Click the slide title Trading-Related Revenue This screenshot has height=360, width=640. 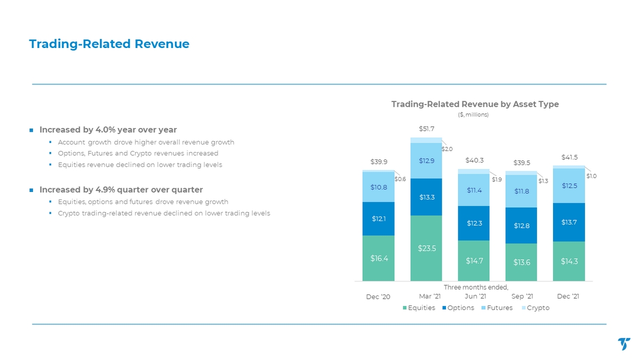(x=109, y=44)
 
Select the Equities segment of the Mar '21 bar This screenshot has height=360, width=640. (x=426, y=248)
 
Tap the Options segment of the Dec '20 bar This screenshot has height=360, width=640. (x=378, y=219)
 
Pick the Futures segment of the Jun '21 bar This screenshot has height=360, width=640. (x=474, y=190)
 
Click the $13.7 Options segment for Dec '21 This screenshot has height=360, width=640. (x=569, y=222)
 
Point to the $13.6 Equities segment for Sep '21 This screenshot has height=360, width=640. (x=521, y=262)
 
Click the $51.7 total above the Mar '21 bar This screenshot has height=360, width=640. (x=426, y=129)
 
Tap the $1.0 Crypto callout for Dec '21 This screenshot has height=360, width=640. (x=591, y=176)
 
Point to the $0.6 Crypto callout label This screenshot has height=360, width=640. (x=400, y=179)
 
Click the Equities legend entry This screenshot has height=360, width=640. (x=419, y=308)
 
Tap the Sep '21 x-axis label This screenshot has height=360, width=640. (x=522, y=296)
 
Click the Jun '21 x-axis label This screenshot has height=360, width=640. (x=475, y=296)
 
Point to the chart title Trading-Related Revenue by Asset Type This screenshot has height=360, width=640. (x=475, y=105)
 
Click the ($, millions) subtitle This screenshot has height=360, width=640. (x=474, y=115)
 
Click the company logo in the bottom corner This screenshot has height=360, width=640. (x=624, y=344)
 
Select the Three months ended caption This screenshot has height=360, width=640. (x=468, y=287)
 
